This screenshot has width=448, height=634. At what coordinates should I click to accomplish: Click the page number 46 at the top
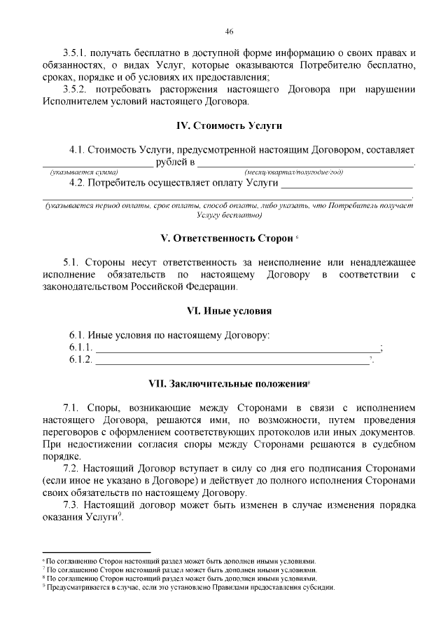[229, 32]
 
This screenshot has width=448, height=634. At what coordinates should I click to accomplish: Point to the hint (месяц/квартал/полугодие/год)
[294, 172]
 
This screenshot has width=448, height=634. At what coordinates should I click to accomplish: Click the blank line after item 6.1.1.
[237, 348]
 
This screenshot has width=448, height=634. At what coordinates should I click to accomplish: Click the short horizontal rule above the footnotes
[96, 552]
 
